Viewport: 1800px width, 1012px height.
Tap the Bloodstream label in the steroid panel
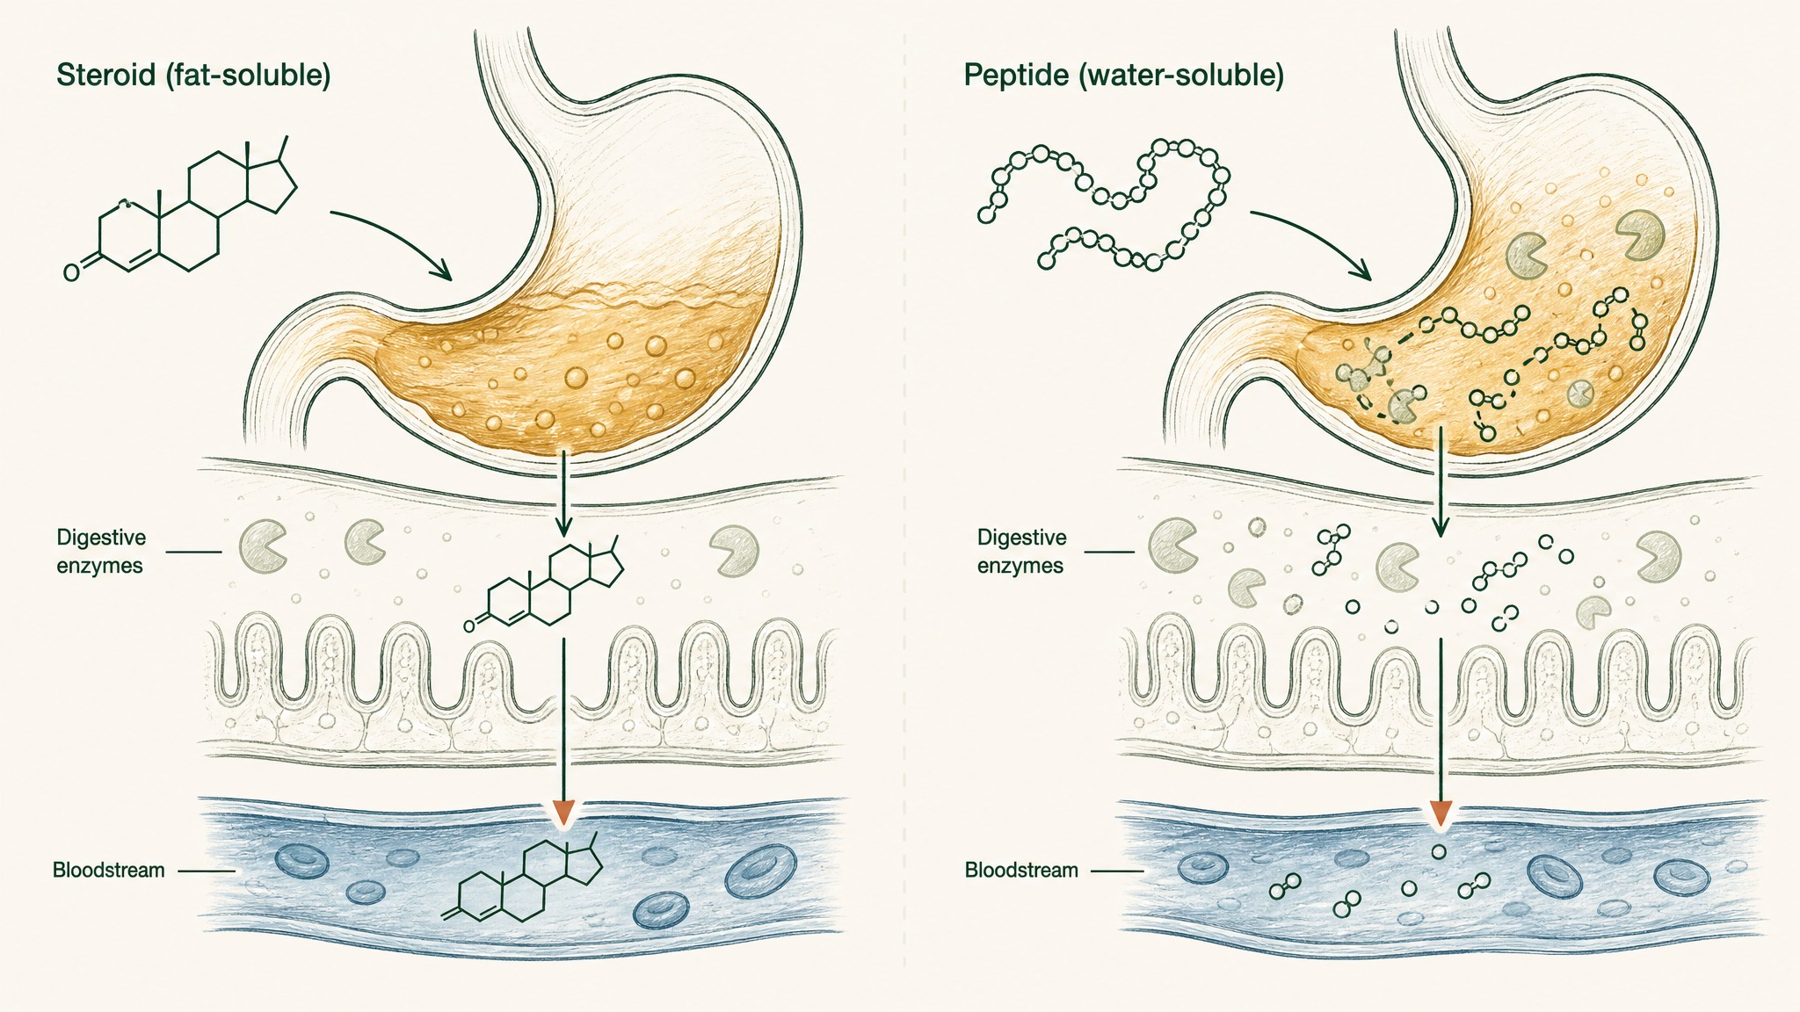pyautogui.click(x=109, y=871)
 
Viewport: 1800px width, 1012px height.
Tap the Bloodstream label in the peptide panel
pyautogui.click(x=1021, y=871)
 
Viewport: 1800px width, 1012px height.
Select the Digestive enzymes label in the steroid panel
pyautogui.click(x=100, y=552)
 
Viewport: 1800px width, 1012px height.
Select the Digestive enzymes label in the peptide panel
pyautogui.click(x=1021, y=552)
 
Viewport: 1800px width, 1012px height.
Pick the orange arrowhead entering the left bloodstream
pyautogui.click(x=562, y=813)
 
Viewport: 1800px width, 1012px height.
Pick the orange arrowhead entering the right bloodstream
pyautogui.click(x=1440, y=813)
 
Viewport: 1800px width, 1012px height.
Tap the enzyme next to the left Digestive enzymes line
pyautogui.click(x=261, y=546)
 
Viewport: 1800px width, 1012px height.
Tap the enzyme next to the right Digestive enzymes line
pyautogui.click(x=1172, y=545)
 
